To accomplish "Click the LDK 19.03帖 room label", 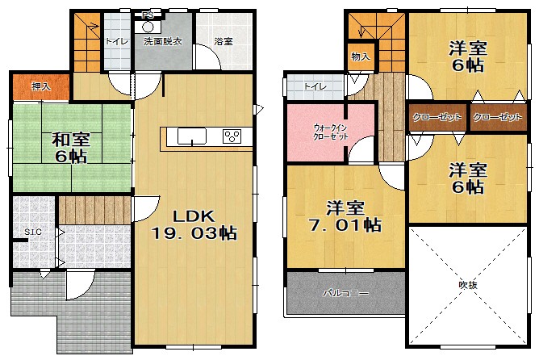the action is [x=194, y=225].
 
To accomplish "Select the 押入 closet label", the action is [x=41, y=86].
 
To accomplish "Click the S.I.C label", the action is [x=33, y=232].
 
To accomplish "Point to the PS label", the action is [x=148, y=15].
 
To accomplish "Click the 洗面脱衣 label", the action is [x=163, y=42].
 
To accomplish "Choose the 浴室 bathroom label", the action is [x=224, y=42].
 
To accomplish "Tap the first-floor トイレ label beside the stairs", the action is [x=117, y=42].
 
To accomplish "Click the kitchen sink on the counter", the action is [x=192, y=136].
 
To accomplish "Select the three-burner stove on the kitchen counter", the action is [x=232, y=136].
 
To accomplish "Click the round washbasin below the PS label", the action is [x=148, y=27].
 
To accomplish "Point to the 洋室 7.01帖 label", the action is [x=345, y=217].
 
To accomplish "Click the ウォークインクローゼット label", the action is [x=331, y=132].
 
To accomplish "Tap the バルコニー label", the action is [x=346, y=293].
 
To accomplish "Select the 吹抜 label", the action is [x=468, y=285].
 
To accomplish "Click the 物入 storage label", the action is [x=361, y=57].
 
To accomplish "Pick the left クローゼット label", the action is [x=437, y=118].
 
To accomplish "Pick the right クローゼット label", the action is [x=497, y=118].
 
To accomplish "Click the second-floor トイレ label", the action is [x=315, y=86].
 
